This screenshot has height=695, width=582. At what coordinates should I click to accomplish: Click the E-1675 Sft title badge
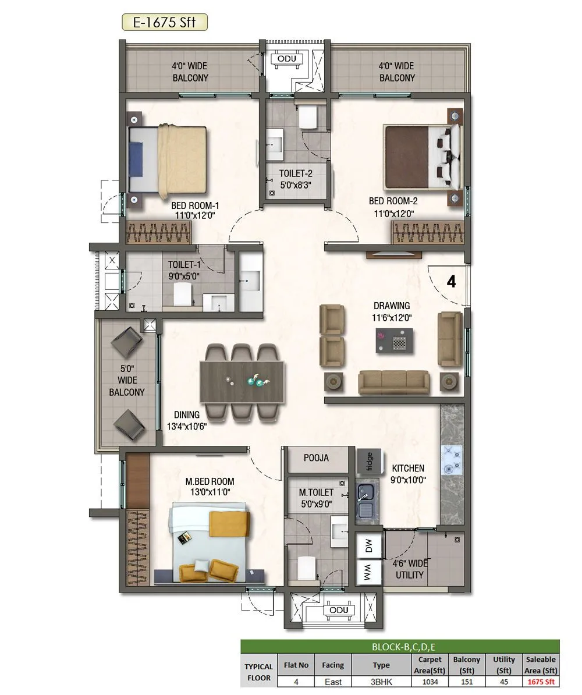point(164,23)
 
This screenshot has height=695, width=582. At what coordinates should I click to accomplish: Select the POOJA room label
point(316,458)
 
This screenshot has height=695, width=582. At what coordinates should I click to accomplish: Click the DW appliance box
point(368,546)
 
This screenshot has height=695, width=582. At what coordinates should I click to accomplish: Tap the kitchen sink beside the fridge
point(365,501)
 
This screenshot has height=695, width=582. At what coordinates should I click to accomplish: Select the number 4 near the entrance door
point(451,281)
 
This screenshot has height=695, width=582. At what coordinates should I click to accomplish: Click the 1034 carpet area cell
point(431,682)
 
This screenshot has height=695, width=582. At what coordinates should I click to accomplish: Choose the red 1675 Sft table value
point(541,682)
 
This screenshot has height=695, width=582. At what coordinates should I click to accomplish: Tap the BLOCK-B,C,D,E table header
point(400,647)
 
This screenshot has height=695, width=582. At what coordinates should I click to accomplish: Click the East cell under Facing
point(333,682)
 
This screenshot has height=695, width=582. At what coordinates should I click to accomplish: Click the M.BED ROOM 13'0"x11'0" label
point(210,487)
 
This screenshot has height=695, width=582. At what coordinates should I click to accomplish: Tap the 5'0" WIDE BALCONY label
point(127,380)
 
